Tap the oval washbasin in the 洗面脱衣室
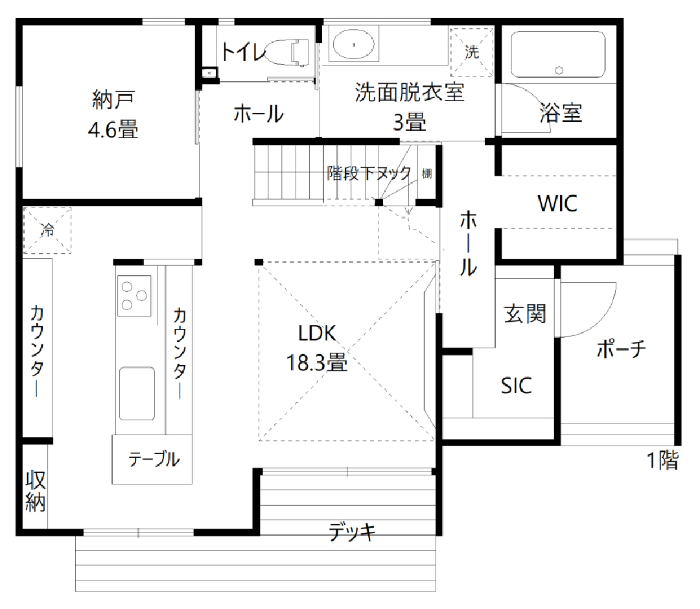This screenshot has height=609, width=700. [x=354, y=44]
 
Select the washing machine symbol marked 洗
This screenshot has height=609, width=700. [x=471, y=52]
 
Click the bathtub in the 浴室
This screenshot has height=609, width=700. [x=558, y=54]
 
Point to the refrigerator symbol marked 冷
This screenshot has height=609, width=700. [x=47, y=230]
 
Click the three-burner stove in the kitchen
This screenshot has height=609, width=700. [x=134, y=295]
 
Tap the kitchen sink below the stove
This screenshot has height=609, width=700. [x=137, y=394]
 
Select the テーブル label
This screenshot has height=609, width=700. [x=154, y=459]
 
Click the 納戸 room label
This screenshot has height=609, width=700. [x=113, y=100]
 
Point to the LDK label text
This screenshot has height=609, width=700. [x=317, y=333]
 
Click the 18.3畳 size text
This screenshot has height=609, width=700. [x=316, y=363]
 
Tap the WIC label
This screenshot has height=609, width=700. [x=557, y=203]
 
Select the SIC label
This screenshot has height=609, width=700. [x=516, y=386]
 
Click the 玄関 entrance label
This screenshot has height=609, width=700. [x=525, y=314]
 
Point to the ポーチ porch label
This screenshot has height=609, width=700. [x=622, y=348]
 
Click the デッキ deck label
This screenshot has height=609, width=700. [x=352, y=532]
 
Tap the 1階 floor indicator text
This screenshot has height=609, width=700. [x=663, y=460]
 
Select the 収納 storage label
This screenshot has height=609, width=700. [x=35, y=491]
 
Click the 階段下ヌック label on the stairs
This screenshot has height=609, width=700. [x=369, y=173]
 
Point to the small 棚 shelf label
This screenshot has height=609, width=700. [x=426, y=173]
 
